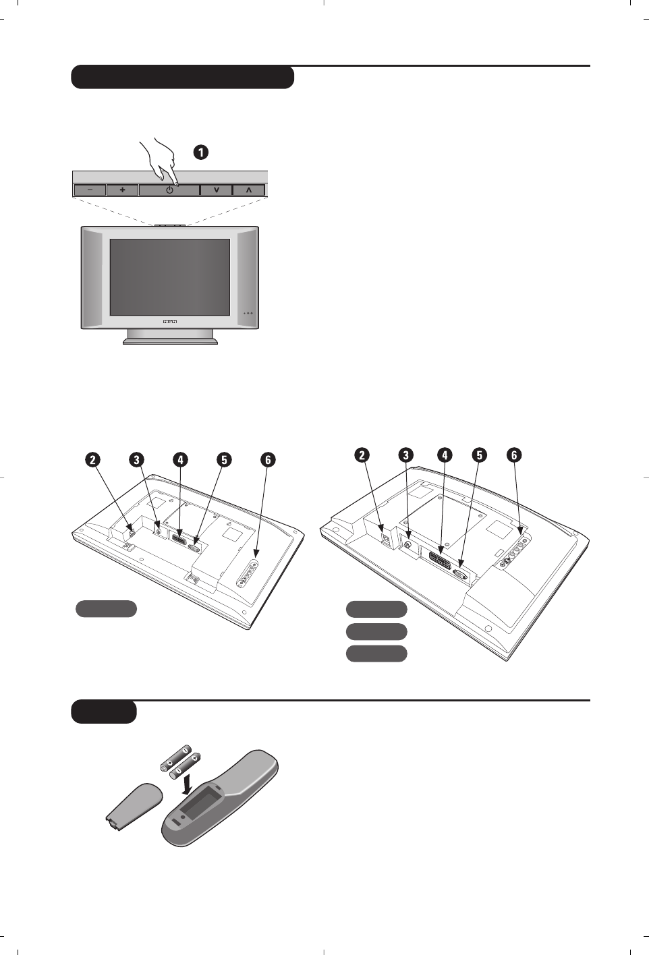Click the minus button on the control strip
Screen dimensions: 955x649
point(90,190)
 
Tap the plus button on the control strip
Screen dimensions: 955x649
point(122,190)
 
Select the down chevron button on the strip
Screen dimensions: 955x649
point(216,190)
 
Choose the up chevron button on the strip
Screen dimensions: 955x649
point(249,190)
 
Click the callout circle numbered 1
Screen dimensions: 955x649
point(200,152)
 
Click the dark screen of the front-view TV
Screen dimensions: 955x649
point(169,277)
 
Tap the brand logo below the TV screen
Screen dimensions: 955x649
point(170,323)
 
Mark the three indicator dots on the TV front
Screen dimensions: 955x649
point(248,313)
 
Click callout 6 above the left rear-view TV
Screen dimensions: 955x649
point(268,460)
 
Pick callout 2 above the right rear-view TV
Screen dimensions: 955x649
point(363,455)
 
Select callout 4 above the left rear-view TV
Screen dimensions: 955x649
point(180,460)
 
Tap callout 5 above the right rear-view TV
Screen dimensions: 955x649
point(479,455)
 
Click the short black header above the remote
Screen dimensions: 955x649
point(104,712)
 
